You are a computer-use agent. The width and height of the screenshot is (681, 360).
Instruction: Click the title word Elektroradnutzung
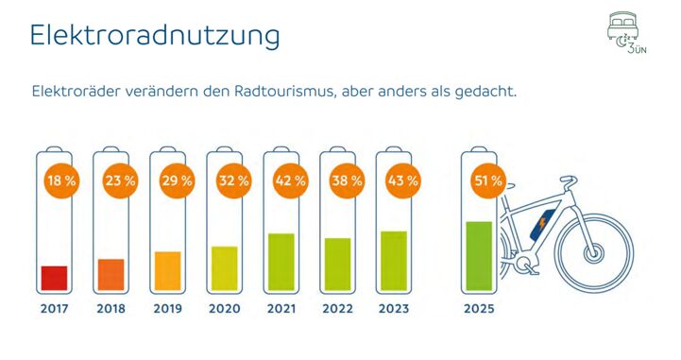click(155, 36)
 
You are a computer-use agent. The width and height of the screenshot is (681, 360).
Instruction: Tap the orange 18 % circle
click(55, 179)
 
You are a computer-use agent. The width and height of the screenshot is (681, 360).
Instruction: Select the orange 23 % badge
click(111, 179)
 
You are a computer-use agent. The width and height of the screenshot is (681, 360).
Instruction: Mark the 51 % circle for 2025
click(486, 179)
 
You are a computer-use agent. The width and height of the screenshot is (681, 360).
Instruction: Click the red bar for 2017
click(54, 278)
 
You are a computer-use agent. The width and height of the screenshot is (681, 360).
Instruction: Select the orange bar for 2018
click(111, 274)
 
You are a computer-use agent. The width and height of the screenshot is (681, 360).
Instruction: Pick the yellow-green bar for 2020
click(224, 268)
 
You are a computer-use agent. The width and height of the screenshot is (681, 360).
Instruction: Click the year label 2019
click(167, 309)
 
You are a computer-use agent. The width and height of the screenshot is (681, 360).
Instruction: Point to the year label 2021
click(281, 309)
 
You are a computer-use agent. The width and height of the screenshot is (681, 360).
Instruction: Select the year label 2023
click(394, 309)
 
